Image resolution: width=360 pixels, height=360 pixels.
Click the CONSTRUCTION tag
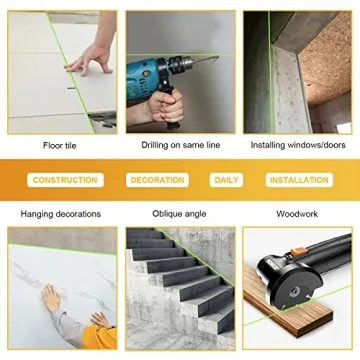point(65,180)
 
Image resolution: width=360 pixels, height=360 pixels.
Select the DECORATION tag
point(158,180)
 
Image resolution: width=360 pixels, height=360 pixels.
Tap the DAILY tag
point(227,180)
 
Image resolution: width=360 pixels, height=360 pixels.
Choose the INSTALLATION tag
point(299,180)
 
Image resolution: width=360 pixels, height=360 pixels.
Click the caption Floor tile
point(61,145)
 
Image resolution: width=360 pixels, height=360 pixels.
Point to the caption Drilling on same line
point(180,145)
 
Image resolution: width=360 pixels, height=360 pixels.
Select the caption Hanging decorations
point(61,214)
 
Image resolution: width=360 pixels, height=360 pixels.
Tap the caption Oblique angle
point(180,214)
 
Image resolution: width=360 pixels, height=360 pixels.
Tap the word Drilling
point(157,145)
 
